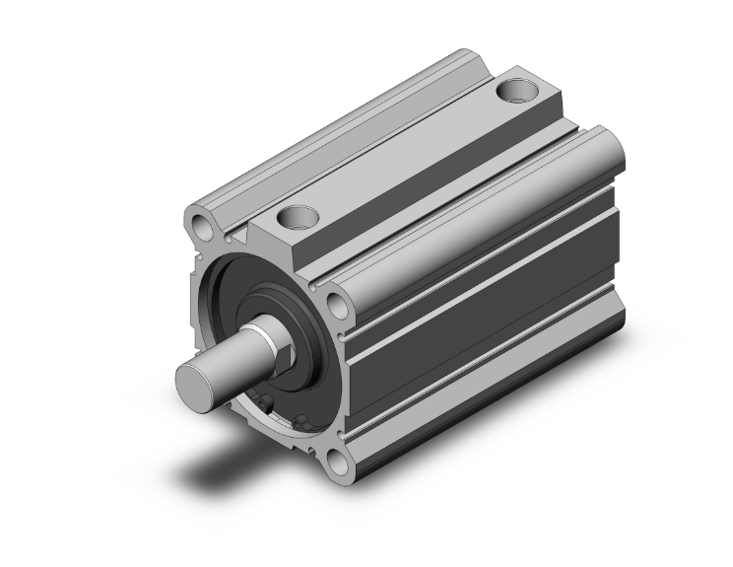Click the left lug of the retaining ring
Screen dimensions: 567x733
268,402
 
